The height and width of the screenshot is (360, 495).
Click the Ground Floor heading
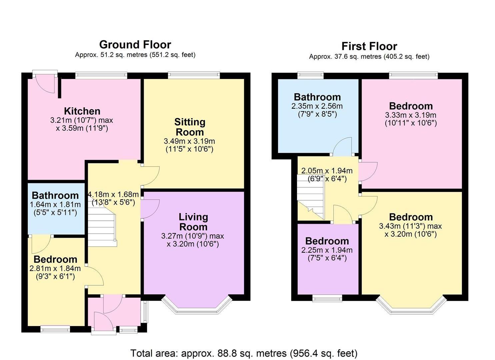[x=135, y=45]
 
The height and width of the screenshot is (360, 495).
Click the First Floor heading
[x=369, y=46]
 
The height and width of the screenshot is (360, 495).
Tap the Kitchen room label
[x=82, y=111]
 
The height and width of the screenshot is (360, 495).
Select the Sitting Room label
[x=190, y=127]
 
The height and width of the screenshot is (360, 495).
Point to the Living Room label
[x=193, y=222]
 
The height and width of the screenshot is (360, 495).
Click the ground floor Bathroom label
[x=55, y=195]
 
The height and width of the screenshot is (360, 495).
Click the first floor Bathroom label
[x=317, y=97]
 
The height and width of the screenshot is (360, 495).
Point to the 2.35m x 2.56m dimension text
[x=317, y=106]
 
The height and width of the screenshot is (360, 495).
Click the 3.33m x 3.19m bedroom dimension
[x=411, y=115]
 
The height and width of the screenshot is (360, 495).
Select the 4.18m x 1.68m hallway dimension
[x=113, y=194]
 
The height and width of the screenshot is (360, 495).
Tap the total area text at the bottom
[x=244, y=353]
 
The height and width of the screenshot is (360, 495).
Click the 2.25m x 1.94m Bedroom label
[x=327, y=241]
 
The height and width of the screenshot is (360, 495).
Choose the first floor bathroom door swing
[x=342, y=147]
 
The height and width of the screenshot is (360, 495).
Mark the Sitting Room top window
[x=194, y=75]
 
